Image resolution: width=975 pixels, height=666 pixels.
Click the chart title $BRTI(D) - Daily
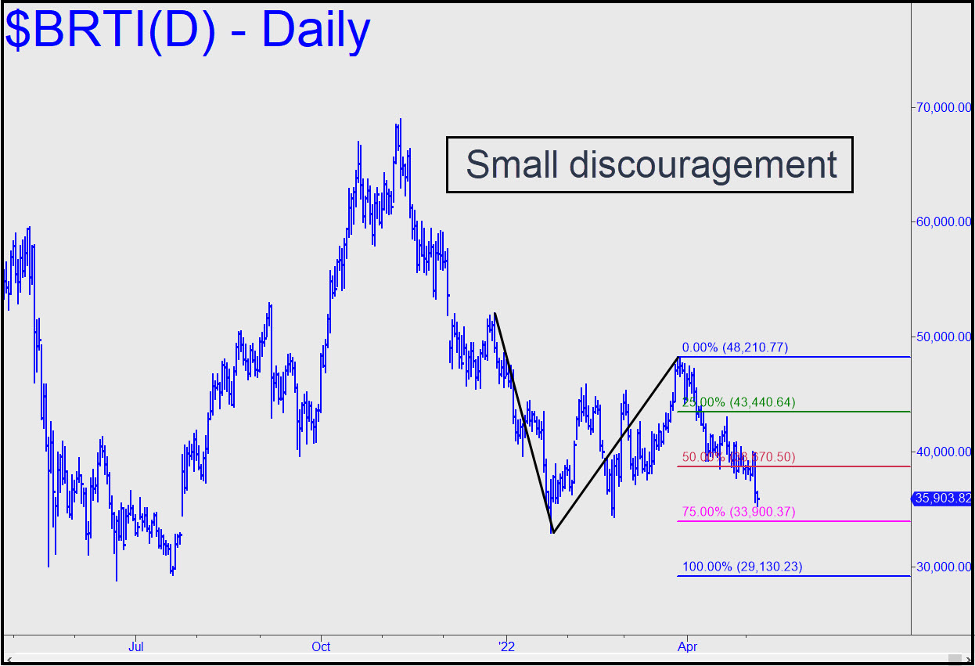(188, 31)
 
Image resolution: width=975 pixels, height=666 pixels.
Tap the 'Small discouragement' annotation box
(649, 164)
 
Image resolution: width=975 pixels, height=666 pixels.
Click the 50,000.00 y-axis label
(944, 337)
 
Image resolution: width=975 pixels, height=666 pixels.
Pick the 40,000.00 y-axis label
(944, 452)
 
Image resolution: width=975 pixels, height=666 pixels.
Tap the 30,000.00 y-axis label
(944, 567)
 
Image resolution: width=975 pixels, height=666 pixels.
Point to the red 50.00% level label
(739, 457)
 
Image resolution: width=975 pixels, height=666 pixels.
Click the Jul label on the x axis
(136, 646)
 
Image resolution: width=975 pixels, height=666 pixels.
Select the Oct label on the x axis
(321, 646)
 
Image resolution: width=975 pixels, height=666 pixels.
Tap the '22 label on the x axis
(506, 646)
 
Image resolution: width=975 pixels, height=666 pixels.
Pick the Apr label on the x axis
(687, 646)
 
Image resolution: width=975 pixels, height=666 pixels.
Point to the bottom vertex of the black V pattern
(552, 533)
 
